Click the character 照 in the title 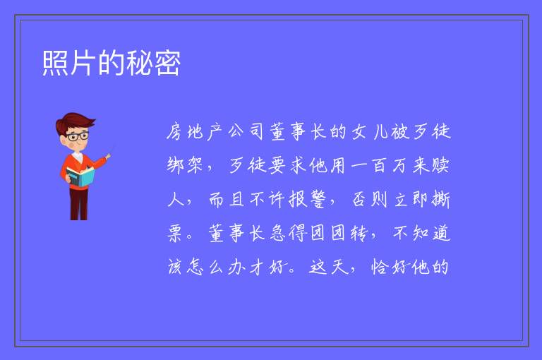tap(56, 63)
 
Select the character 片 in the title tap(83, 63)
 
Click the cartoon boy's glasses tap(78, 136)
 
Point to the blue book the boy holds tap(80, 176)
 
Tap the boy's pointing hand tap(108, 157)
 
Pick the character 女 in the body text tap(359, 132)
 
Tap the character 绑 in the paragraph tap(175, 165)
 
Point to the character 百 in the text tap(379, 165)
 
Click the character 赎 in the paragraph tap(440, 165)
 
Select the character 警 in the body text tap(318, 200)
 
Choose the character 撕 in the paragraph tap(440, 200)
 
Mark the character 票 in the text tap(175, 234)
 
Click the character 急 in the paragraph tap(277, 234)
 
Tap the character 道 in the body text tap(441, 234)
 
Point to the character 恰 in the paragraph tap(380, 267)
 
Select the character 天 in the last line tap(339, 267)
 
